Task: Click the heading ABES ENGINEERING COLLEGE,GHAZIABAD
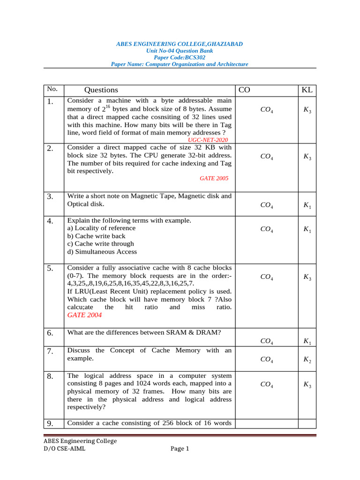[x=180, y=44]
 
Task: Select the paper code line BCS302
[x=180, y=57]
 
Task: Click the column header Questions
[x=101, y=90]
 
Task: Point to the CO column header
[x=244, y=90]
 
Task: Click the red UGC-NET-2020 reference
[x=208, y=140]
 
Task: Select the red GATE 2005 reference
[x=214, y=179]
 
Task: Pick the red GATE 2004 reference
[x=84, y=315]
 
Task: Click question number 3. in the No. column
[x=50, y=197]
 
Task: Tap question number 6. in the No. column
[x=50, y=333]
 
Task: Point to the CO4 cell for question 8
[x=267, y=384]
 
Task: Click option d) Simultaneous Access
[x=102, y=252]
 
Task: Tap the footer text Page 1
[x=180, y=449]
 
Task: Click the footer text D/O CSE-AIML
[x=65, y=449]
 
